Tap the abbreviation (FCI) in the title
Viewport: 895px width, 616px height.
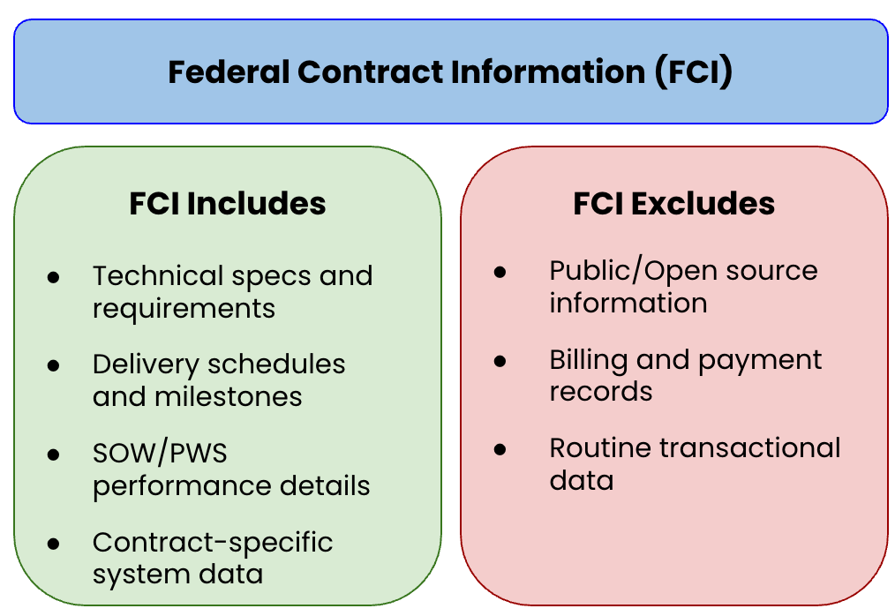point(694,71)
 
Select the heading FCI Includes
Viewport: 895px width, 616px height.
point(228,204)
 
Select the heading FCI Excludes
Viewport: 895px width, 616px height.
point(674,204)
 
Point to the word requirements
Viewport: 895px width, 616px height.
point(184,309)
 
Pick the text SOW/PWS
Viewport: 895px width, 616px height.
point(160,453)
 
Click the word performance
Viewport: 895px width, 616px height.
point(169,486)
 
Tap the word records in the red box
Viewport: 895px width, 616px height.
point(601,391)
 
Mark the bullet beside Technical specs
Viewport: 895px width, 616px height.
point(54,276)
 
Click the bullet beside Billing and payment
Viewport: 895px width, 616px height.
point(500,360)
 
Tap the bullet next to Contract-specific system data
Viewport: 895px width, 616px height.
point(54,542)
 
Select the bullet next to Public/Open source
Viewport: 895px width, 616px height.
point(500,271)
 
